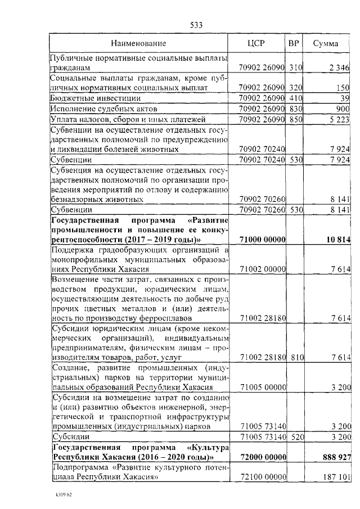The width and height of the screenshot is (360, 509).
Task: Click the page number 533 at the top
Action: (x=196, y=25)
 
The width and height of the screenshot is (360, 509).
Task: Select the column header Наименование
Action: (x=138, y=43)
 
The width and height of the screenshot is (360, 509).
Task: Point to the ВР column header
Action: (x=293, y=43)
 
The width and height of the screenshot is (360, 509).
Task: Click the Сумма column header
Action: (x=326, y=43)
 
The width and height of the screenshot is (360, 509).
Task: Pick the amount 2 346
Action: (x=339, y=68)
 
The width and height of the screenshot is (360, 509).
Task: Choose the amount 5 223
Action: (x=339, y=119)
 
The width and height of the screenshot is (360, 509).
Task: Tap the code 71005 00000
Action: (x=263, y=388)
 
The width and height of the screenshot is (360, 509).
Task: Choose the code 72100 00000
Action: (x=263, y=477)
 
